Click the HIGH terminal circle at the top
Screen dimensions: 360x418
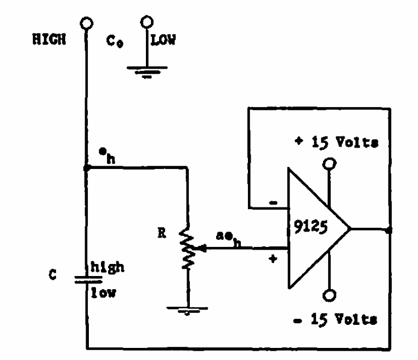(86, 24)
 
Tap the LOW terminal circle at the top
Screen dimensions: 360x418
(146, 22)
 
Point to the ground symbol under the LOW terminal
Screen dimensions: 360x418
(145, 70)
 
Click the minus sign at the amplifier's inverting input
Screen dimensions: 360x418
(274, 203)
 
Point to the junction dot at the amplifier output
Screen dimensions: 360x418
(388, 230)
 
